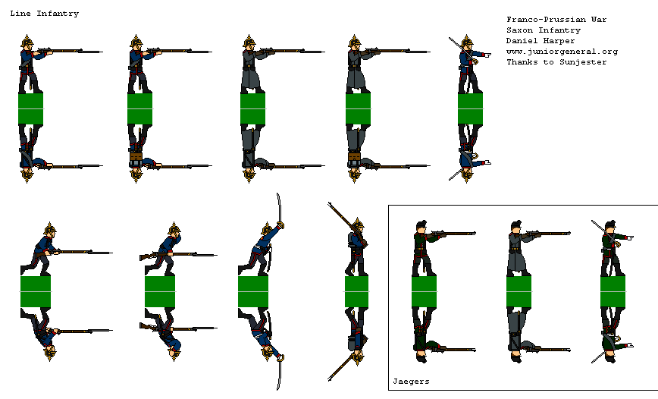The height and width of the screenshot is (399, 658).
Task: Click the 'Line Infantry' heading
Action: (x=45, y=14)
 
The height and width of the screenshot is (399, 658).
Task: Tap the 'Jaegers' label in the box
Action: (x=411, y=382)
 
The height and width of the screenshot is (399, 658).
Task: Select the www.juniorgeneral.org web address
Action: (x=562, y=52)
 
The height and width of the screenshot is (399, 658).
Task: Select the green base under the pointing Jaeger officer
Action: (x=613, y=291)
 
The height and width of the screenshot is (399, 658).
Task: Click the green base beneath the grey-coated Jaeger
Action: (x=519, y=291)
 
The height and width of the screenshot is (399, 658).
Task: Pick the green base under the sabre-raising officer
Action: (x=253, y=291)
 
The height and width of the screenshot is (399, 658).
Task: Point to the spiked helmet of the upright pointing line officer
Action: (x=467, y=42)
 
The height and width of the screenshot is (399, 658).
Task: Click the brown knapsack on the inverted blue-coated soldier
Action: (x=135, y=158)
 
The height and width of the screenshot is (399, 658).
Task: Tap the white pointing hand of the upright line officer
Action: (x=487, y=55)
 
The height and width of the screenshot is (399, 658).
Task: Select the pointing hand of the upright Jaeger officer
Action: (x=630, y=237)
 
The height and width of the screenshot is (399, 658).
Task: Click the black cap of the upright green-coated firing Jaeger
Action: (x=421, y=225)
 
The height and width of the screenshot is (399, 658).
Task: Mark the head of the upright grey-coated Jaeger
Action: (x=516, y=228)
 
